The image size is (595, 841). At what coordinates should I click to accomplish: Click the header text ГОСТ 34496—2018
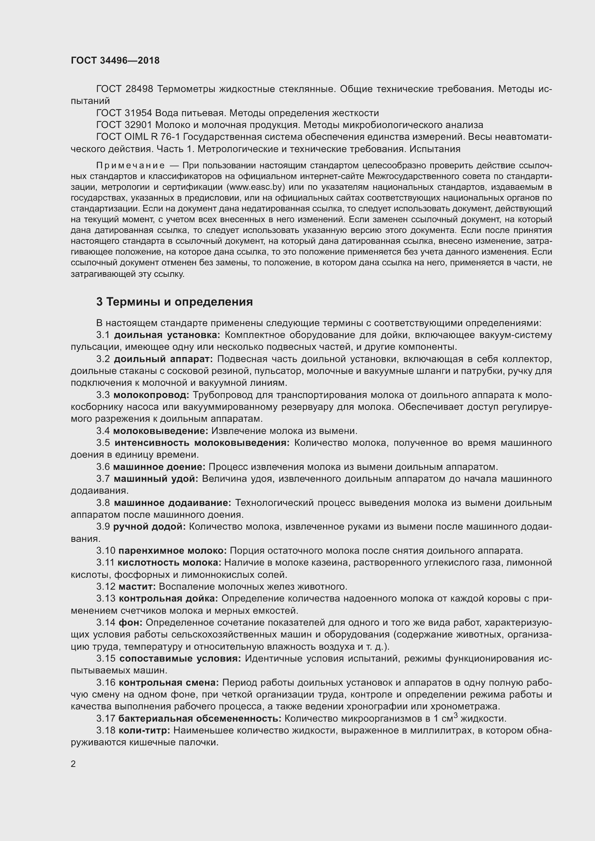pos(115,61)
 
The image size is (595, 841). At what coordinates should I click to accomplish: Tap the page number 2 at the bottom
pos(73,764)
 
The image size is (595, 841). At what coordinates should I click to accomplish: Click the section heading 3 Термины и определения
pos(174,302)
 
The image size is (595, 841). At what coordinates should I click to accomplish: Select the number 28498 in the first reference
pos(139,89)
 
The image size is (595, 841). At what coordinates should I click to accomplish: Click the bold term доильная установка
pos(167,335)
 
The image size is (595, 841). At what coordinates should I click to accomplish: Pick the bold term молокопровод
pos(151,395)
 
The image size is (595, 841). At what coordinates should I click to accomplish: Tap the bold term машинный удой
pos(156,479)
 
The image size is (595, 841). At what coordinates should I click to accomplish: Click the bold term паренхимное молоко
pos(173,550)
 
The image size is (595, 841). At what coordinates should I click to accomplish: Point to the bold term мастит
pos(137,586)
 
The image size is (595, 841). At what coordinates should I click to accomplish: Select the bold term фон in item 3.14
pos(131,622)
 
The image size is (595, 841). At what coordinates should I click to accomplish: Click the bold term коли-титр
pos(144,730)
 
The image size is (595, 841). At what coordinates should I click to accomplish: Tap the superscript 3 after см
pos(456,715)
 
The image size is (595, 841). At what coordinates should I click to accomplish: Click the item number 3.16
pos(106,682)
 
